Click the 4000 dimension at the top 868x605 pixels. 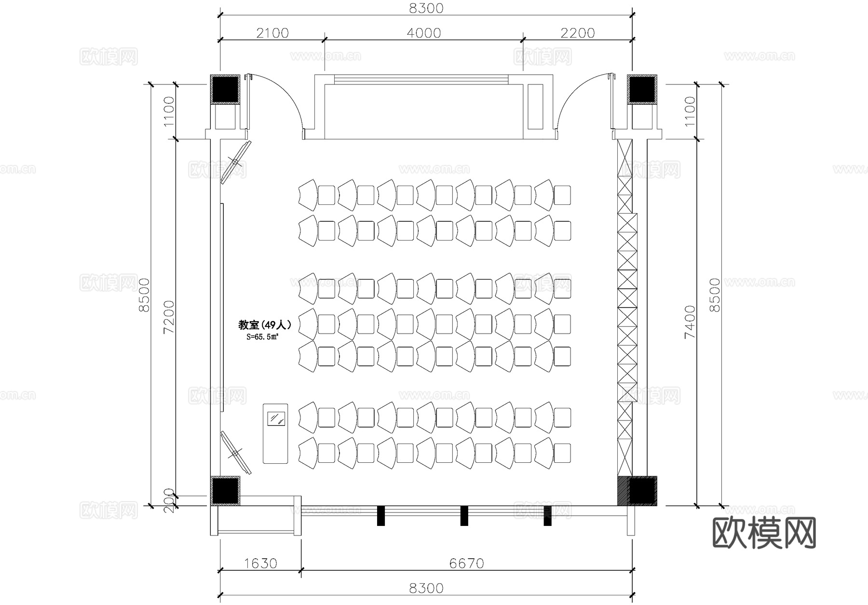click(x=424, y=33)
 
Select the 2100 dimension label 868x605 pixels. click(x=272, y=33)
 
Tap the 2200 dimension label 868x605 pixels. click(x=578, y=33)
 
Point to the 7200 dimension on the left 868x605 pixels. click(x=169, y=317)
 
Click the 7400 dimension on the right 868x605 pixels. click(x=690, y=321)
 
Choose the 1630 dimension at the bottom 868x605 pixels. click(x=260, y=563)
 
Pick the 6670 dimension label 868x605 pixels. click(x=466, y=563)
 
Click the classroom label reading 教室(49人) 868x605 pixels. click(x=265, y=325)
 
